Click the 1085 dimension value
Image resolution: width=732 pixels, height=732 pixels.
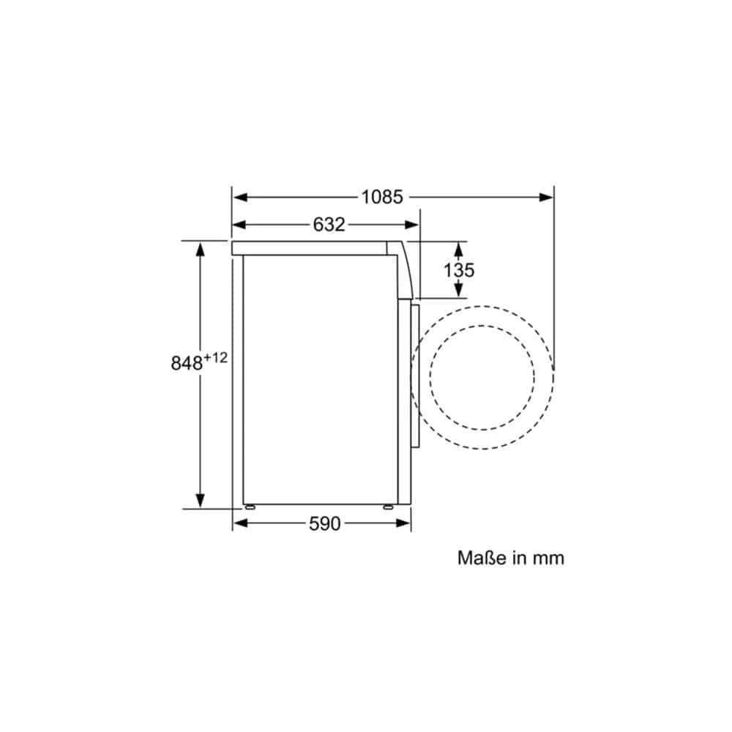click(x=381, y=197)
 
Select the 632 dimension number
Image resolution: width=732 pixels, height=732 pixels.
click(x=329, y=225)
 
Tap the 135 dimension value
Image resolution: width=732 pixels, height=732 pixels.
click(x=459, y=269)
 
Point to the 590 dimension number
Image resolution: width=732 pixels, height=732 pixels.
click(x=324, y=523)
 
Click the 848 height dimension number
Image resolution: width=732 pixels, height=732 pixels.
click(x=186, y=362)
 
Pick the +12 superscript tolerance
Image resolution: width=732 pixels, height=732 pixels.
click(x=217, y=357)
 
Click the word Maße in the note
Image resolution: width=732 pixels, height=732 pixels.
click(x=482, y=558)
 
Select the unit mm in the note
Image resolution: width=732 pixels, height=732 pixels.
click(x=548, y=559)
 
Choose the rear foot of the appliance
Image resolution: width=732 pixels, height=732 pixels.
click(x=251, y=506)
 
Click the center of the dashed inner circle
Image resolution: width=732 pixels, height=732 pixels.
click(x=482, y=378)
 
